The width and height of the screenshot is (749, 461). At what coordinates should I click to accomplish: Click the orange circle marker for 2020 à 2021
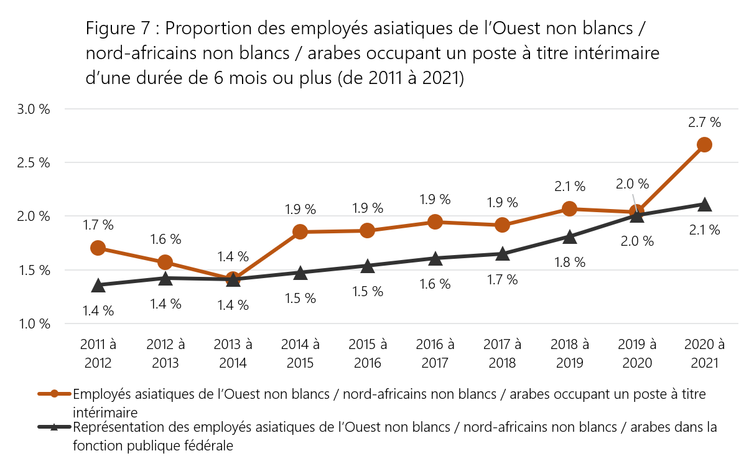click(704, 145)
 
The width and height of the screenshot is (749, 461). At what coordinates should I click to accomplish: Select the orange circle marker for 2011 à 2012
click(98, 248)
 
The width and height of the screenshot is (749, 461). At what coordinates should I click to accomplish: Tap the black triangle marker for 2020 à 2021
click(704, 205)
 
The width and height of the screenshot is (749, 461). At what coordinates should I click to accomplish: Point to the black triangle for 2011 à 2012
click(98, 286)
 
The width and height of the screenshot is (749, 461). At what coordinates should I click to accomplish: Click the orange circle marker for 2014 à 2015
click(300, 232)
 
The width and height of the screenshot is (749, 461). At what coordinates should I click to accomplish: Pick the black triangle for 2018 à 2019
click(570, 236)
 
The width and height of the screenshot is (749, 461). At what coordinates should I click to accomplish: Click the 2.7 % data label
click(705, 123)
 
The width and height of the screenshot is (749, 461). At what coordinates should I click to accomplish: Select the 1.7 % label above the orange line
click(98, 225)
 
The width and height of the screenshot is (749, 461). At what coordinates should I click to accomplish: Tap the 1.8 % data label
click(570, 262)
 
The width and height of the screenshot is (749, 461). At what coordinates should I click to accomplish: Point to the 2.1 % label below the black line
click(704, 230)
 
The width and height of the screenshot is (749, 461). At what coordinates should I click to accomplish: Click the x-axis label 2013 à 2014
click(233, 353)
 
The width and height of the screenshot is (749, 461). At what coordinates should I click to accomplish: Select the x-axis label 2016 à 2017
click(435, 353)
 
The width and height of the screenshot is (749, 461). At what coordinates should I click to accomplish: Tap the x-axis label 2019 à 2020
click(637, 353)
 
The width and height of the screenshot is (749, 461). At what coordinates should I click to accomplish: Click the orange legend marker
click(55, 394)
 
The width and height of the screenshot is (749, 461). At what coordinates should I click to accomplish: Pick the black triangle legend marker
click(55, 427)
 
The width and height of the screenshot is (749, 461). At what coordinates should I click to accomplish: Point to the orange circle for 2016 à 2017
click(435, 221)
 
